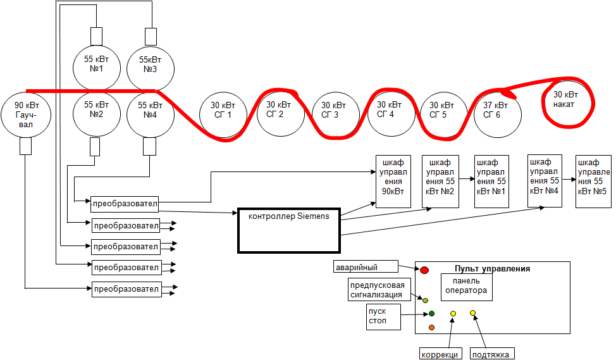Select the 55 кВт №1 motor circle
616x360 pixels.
(97, 64)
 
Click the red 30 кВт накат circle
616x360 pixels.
(567, 100)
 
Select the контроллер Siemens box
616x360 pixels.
(288, 230)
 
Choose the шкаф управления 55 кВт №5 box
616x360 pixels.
(593, 181)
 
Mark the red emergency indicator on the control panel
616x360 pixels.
(424, 270)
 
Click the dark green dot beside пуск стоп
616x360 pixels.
(431, 313)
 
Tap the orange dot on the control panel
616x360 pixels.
(431, 327)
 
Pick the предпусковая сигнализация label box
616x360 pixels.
(377, 290)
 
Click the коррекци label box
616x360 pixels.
(440, 354)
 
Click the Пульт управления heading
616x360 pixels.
(492, 268)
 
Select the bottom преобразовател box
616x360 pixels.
(125, 289)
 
